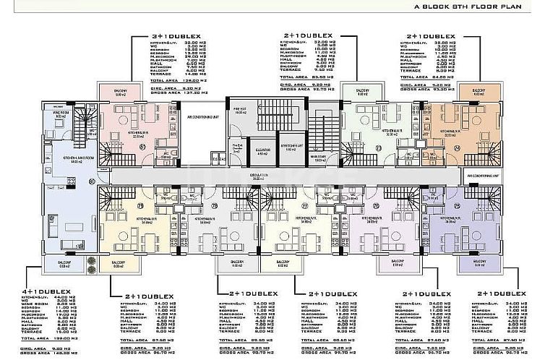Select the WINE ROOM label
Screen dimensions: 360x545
61,112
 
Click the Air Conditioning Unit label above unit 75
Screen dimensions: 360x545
483,176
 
